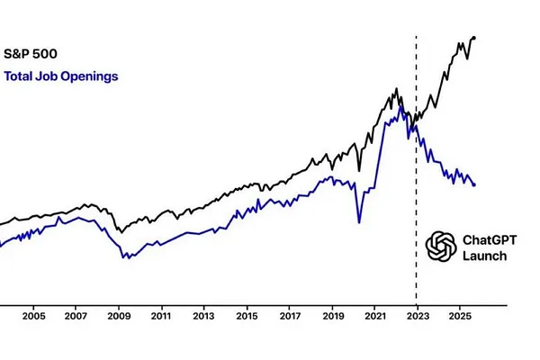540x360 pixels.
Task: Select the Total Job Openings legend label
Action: point(61,76)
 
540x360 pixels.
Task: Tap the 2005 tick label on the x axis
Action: point(33,317)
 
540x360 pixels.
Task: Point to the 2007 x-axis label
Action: point(76,317)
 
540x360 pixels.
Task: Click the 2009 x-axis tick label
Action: point(119,317)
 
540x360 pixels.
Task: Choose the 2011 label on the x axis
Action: point(161,317)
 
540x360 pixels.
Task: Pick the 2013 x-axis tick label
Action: point(204,317)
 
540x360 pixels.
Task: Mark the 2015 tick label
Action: point(247,317)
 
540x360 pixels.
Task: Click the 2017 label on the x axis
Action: point(290,317)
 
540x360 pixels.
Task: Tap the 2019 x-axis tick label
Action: point(332,317)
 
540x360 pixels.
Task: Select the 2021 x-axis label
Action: point(375,317)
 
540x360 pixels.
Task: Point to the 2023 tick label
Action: point(418,317)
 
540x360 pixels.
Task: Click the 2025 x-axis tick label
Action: point(460,317)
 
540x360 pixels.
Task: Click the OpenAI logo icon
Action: point(441,247)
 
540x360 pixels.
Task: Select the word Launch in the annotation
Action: point(483,256)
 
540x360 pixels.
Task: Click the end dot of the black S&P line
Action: point(474,38)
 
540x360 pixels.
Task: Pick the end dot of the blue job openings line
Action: point(474,184)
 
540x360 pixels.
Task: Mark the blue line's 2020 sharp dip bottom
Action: point(358,221)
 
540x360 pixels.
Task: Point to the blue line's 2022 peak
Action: point(400,108)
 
